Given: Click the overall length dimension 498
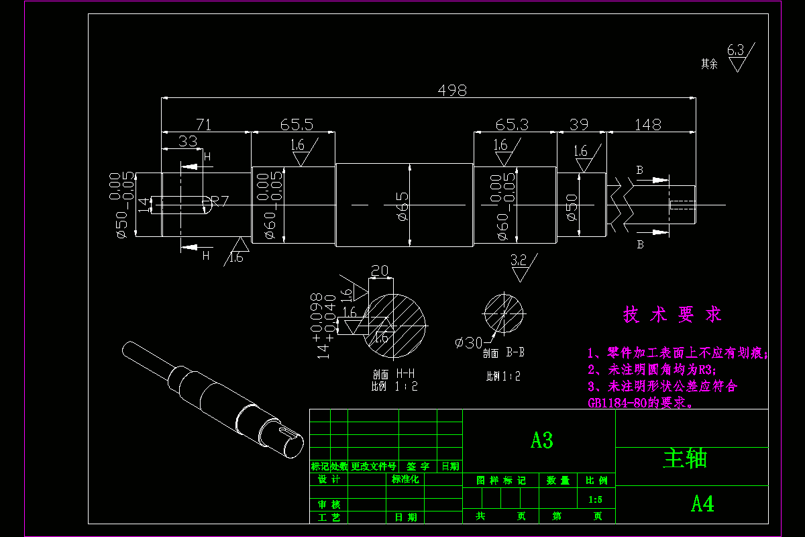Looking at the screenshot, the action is point(451,90).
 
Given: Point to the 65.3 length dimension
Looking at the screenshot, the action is point(512,125).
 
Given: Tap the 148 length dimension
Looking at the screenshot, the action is point(647,125).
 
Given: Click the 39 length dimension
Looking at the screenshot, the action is point(579,125).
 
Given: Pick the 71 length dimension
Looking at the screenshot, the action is point(203,125).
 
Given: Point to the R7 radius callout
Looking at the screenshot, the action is point(220,200).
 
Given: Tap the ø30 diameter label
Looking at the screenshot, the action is point(469,343).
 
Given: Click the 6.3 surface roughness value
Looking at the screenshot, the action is point(735,50).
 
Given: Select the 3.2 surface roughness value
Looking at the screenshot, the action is point(519,260).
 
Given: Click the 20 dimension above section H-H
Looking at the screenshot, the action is point(380,271).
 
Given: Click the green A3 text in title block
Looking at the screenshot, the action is point(541,440).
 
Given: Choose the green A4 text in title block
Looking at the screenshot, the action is point(702,504).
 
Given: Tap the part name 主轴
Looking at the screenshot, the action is point(685,458).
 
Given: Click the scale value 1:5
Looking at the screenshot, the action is point(595,499).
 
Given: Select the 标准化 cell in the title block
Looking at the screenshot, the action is point(405,479).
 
